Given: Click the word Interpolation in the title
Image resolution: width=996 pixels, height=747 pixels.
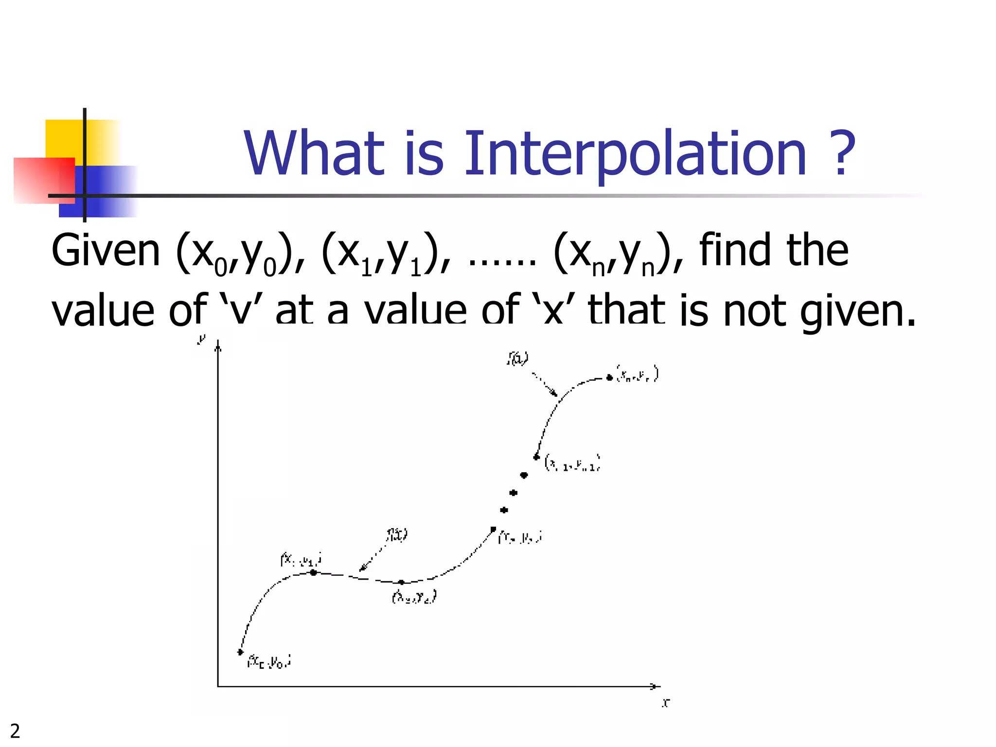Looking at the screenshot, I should coord(635,155).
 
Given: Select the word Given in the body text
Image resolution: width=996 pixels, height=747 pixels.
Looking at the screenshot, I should coord(106,251).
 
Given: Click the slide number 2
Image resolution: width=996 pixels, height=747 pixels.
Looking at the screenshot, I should coord(15,731).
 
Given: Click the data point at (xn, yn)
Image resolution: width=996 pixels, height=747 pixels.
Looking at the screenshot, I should coord(609,377).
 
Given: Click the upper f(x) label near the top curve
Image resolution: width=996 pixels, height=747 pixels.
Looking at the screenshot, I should coord(517,358).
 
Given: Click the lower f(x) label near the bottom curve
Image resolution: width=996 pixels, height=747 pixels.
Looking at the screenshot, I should coord(397,534).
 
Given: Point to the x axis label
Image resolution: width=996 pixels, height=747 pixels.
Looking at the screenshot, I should coord(666,702).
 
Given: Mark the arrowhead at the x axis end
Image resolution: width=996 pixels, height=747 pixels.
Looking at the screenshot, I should coord(656,686).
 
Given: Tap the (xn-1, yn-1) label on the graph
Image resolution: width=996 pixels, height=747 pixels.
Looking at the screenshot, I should coord(572,463).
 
